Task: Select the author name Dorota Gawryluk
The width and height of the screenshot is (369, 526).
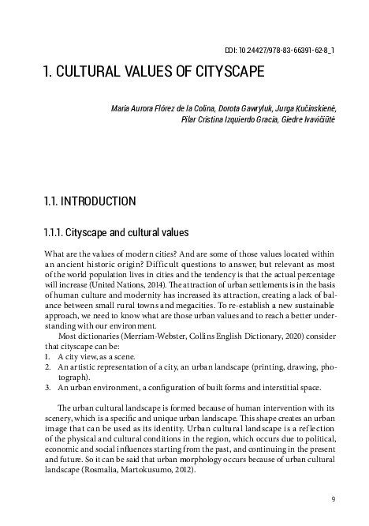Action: tap(227, 107)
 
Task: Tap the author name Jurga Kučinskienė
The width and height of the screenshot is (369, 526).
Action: tap(296, 107)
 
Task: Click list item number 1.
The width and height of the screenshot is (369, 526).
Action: tap(47, 357)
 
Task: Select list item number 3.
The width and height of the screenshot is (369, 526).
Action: tap(47, 388)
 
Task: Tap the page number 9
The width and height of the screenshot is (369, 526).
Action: tap(334, 498)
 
